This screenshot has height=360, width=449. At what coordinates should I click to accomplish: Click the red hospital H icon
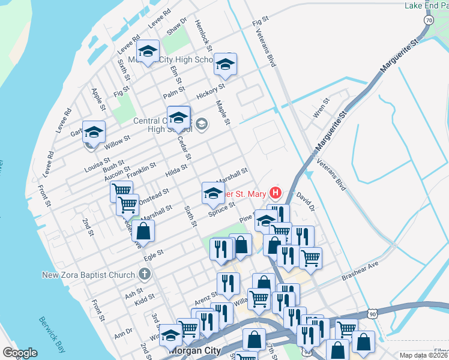tap(276, 193)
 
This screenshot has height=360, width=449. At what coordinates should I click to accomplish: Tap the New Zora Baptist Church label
tap(88, 275)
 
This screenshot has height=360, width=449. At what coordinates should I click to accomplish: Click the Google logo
tap(20, 353)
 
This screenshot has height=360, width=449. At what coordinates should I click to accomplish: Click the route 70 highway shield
tap(428, 20)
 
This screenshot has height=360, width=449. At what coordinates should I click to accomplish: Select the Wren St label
tap(322, 108)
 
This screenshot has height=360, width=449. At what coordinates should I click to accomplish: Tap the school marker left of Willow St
tap(94, 132)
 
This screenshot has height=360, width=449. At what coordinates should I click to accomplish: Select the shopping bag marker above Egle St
tap(143, 231)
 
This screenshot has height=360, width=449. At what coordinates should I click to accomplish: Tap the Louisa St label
tap(97, 164)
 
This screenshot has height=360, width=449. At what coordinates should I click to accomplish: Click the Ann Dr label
tap(123, 332)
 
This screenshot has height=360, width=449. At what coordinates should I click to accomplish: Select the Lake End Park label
tap(426, 5)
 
